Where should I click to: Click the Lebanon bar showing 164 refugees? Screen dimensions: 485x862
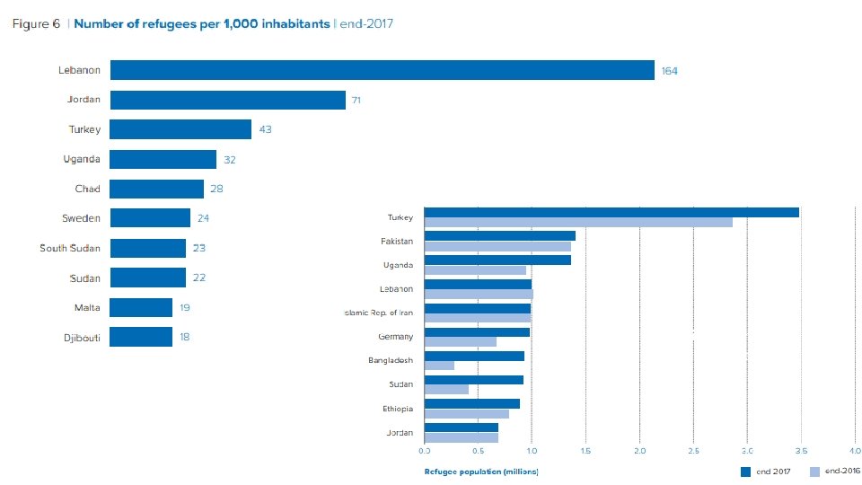point(382,70)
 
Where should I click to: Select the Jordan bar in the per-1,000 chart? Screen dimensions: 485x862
point(227,100)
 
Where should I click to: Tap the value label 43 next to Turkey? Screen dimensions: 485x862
point(265,129)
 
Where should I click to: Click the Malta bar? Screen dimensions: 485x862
point(141,308)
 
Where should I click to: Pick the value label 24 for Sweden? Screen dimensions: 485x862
point(203,218)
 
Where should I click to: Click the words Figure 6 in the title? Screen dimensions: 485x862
point(36,24)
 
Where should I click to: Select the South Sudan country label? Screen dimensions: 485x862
point(70,248)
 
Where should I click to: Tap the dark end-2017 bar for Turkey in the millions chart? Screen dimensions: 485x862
point(611,212)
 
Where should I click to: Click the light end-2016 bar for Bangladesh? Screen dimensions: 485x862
point(439,366)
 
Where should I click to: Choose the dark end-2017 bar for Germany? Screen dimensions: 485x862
point(477,332)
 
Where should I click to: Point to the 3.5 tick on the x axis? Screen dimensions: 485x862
point(801,450)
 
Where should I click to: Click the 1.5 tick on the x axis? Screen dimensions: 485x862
point(585,450)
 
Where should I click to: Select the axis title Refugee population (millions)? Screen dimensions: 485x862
point(480,471)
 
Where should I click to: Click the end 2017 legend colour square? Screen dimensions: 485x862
point(744,471)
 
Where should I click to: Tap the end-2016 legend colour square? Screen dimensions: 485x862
point(814,471)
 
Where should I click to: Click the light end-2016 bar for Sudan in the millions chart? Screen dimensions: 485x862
point(446,390)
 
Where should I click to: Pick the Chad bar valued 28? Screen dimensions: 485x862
point(156,189)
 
